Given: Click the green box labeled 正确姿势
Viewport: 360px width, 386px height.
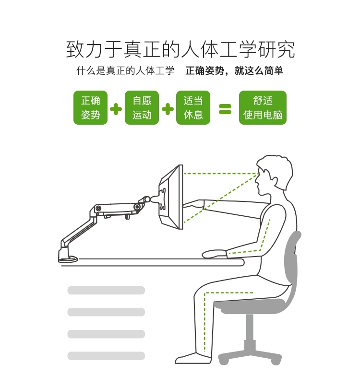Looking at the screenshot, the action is pos(90,107).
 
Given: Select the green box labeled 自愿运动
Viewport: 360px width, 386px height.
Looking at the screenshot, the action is pos(142,107).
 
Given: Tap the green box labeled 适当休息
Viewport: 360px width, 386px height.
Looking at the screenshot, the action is pos(193,107).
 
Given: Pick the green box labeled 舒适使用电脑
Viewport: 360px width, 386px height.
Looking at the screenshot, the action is pos(263,107).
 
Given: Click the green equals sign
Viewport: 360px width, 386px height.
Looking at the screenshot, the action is pos(225,109).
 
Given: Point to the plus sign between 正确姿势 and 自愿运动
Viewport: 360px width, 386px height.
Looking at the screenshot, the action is pos(116,109).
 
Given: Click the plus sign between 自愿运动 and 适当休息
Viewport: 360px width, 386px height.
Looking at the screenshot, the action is pos(168,109).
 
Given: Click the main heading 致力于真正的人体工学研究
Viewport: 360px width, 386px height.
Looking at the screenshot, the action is pos(180,49).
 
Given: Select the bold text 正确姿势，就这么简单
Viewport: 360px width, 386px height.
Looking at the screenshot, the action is pos(234,70).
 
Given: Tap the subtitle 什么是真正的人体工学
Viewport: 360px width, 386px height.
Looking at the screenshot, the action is pos(125,70).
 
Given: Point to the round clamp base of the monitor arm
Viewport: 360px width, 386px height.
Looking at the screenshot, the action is pos(68,259).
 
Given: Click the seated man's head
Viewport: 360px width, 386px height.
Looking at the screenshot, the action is pos(274,175).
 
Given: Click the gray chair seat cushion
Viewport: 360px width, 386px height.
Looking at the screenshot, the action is pos(252,305).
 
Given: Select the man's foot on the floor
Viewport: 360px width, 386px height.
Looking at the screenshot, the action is pos(193,359).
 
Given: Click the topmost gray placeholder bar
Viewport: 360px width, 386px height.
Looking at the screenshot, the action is pos(106,290).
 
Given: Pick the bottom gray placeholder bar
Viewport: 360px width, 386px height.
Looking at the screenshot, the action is pos(106,356).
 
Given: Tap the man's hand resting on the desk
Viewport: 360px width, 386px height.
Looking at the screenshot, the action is pos(215,254).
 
